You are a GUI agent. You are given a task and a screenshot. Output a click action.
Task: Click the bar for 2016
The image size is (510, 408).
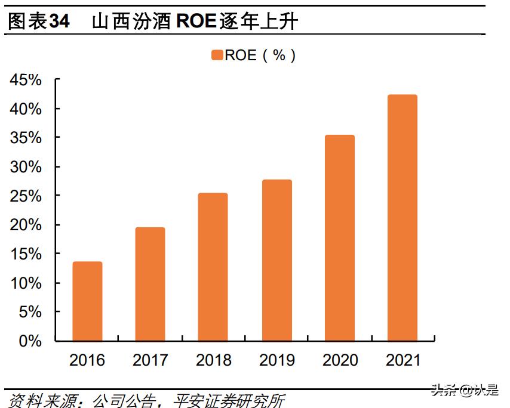point(87,301)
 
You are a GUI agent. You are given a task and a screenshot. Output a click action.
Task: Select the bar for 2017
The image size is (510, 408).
point(150,284)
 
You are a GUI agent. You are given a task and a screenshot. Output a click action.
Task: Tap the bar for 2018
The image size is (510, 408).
point(213,267)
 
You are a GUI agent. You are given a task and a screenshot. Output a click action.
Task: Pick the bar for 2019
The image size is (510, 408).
point(276,260)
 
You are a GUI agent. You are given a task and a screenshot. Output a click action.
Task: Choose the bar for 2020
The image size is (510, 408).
point(340,238)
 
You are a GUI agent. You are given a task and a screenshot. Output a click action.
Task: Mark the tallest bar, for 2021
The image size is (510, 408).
point(403,218)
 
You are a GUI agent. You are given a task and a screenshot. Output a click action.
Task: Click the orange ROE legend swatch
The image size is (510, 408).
point(217,55)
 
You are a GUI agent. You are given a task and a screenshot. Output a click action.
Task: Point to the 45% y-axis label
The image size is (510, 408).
point(26,80)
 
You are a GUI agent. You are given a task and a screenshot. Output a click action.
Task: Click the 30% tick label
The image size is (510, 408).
point(26,167)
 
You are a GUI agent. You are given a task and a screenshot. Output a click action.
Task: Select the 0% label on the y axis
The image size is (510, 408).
point(30,341)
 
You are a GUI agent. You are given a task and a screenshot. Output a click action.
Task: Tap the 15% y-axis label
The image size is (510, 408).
point(26,254)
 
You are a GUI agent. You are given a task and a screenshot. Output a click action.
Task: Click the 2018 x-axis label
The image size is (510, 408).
point(213,360)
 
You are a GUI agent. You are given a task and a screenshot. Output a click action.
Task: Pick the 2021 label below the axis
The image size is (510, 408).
point(403,360)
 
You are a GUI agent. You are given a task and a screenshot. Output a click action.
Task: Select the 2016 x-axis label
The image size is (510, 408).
point(87,360)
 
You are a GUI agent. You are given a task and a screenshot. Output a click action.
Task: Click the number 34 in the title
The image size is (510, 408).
point(59,22)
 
